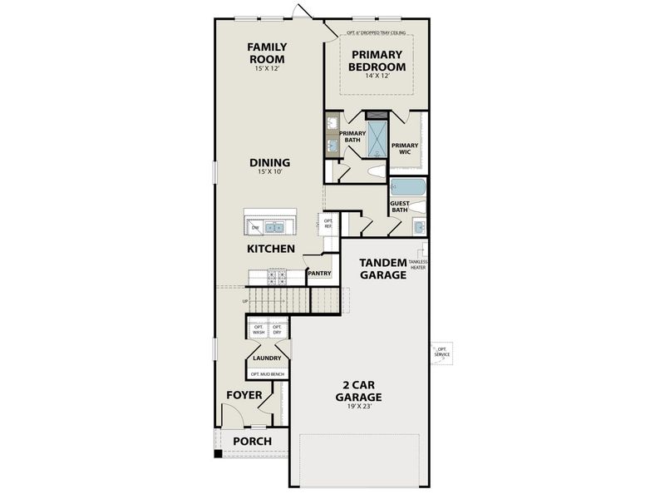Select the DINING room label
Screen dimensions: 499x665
point(269,162)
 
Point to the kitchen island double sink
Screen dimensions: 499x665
point(275,226)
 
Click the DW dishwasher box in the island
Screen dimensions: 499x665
point(254,226)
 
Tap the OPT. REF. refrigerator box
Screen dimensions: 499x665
point(328,223)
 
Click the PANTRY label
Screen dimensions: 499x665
point(320,273)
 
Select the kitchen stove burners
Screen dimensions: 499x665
point(276,276)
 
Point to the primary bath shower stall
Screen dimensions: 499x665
point(378,139)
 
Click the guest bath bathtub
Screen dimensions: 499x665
point(407,187)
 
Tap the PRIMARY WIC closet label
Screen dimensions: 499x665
point(405,148)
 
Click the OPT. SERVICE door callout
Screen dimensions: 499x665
point(442,353)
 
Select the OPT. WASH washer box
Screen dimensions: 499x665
point(258,329)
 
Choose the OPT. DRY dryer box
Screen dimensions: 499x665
point(278,329)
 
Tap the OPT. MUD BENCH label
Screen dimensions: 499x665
point(267,374)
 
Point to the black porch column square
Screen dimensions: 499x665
point(218,454)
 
